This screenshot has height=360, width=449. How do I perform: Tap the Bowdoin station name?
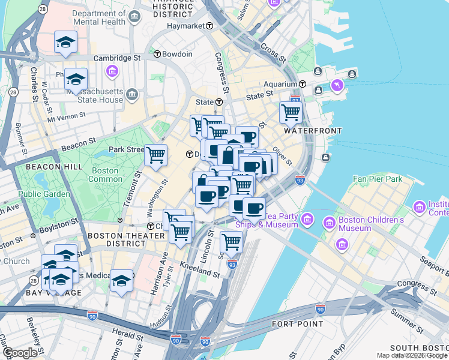coord(177,54)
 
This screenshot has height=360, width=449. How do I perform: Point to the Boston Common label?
coord(104,175)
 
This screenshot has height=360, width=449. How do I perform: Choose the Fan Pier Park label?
coord(377,179)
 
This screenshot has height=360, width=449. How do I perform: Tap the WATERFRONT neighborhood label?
coord(313,131)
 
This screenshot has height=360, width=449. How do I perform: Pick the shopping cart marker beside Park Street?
coord(155,155)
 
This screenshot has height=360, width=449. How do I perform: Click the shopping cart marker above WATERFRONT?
coord(291,112)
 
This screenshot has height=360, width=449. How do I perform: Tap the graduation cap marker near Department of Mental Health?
coord(65,42)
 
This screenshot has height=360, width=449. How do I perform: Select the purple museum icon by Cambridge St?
coord(112,72)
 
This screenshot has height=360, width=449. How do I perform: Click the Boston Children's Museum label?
coord(372,224)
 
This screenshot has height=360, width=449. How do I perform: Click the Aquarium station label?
coord(282,84)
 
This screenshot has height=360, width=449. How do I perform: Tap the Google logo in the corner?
coord(20,353)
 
